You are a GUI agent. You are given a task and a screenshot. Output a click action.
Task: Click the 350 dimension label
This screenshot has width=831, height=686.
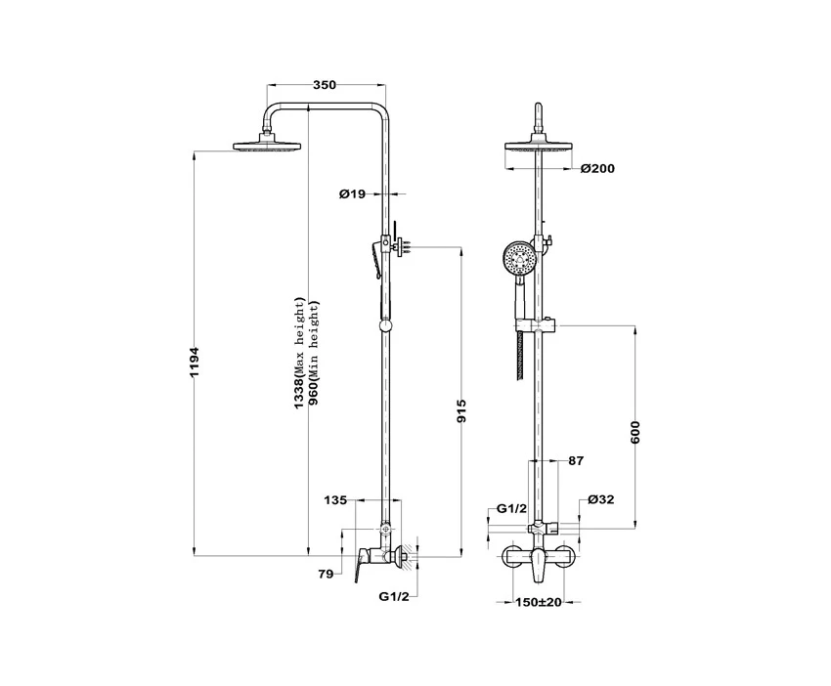pos(325,85)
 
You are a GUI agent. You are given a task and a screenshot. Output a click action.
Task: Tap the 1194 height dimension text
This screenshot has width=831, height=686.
pos(195,363)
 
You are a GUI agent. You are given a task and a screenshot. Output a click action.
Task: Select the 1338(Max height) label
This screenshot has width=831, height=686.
pos(300,354)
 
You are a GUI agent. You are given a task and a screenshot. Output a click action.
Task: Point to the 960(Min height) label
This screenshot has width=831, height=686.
pos(314,354)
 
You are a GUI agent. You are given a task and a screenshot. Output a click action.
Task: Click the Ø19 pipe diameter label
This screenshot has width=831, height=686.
pos(352,193)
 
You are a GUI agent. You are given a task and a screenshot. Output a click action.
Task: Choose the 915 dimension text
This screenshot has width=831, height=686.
pos(461,411)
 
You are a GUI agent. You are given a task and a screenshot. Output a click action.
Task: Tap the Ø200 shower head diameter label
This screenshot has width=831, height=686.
pos(597,169)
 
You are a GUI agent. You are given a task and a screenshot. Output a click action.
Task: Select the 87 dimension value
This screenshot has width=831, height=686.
pos(576,461)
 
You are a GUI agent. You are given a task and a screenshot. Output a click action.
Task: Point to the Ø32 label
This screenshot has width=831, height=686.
pos(601,499)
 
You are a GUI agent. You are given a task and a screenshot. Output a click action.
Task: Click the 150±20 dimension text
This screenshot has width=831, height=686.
pos(539,602)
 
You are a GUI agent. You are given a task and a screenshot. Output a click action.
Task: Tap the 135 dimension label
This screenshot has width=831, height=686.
pos(335,499)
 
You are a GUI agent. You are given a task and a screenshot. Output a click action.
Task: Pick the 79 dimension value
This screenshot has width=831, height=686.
pos(326,574)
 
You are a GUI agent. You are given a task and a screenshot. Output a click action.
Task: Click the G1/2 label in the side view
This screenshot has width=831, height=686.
pos(394,596)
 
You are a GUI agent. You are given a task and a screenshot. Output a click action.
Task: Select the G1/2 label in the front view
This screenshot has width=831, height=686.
pos(512,508)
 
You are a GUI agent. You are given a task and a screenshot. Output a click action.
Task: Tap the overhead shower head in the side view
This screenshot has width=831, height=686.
pos(268,145)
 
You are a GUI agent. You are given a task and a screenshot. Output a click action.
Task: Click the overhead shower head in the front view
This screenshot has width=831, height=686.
pos(539,145)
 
